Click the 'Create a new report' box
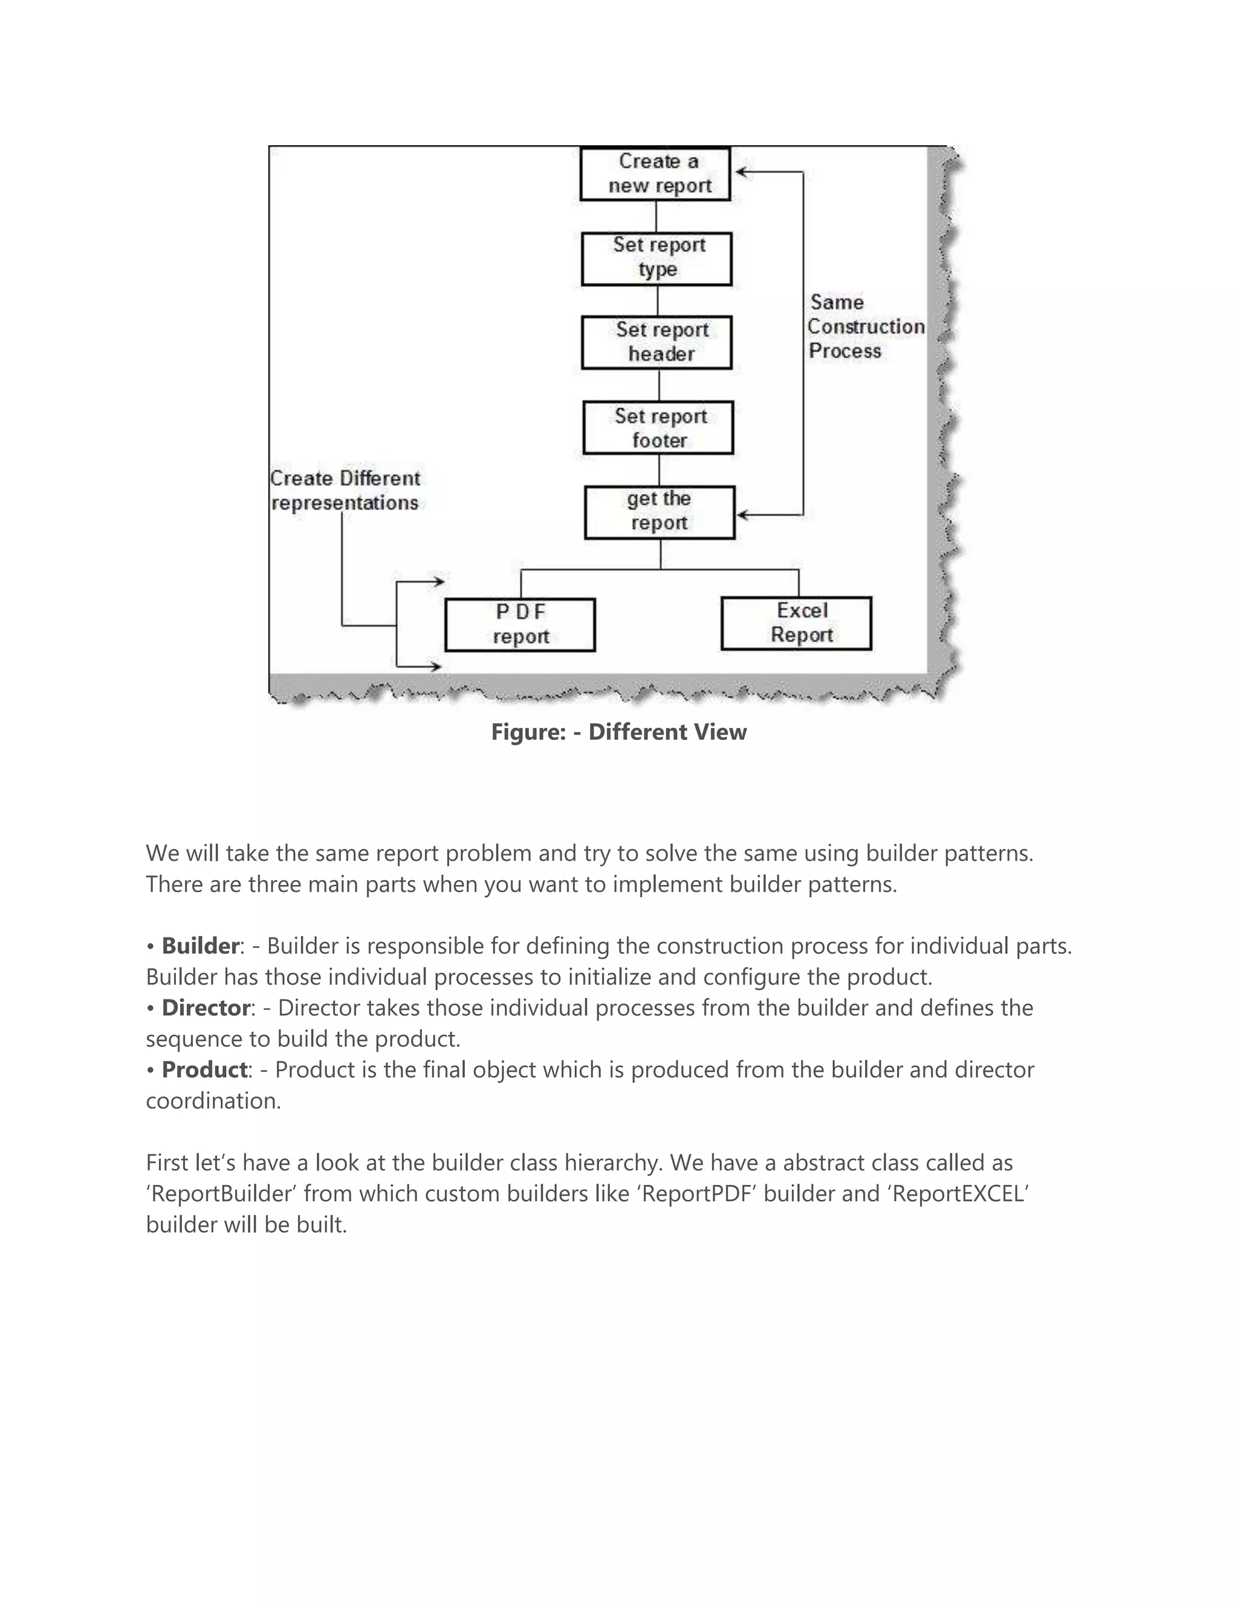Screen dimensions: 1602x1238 click(x=655, y=174)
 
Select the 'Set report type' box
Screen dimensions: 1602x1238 click(x=656, y=259)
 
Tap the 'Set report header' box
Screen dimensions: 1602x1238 click(x=656, y=343)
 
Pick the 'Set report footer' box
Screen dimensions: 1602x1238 click(x=658, y=427)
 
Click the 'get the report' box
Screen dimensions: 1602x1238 click(x=660, y=512)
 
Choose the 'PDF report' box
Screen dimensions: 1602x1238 click(x=520, y=625)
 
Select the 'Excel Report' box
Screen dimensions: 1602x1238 click(x=797, y=623)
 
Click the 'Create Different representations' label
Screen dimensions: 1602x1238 click(x=345, y=491)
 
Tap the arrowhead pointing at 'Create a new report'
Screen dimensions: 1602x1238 click(x=740, y=172)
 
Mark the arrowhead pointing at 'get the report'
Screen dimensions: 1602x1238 click(x=742, y=515)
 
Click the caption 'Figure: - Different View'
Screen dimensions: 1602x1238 click(x=618, y=732)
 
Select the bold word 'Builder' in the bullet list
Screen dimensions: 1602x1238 click(x=200, y=946)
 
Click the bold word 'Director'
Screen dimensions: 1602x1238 click(x=206, y=1008)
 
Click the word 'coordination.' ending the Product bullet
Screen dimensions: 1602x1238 click(x=213, y=1101)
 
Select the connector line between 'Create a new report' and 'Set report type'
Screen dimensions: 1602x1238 click(x=656, y=216)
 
